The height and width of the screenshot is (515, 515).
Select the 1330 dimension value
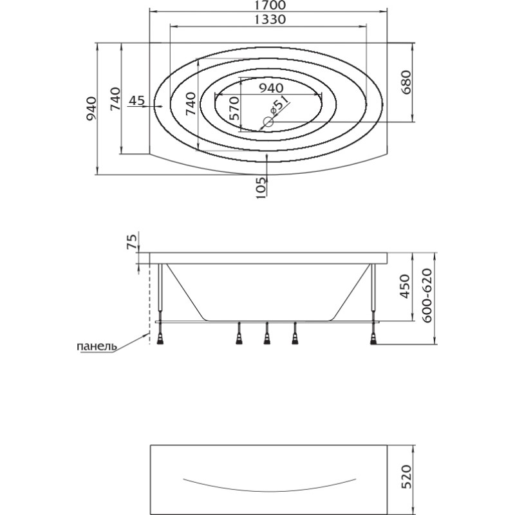(x=270, y=20)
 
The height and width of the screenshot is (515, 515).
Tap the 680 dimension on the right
(x=406, y=82)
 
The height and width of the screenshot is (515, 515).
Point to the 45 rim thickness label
(x=136, y=100)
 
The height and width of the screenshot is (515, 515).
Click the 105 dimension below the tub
(x=260, y=187)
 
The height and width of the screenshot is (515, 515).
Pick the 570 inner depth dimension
(x=234, y=108)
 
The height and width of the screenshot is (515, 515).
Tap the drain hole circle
(x=268, y=122)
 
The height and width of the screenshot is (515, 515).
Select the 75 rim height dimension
(x=132, y=241)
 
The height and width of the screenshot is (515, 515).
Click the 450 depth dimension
(x=406, y=286)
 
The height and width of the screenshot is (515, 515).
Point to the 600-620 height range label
(x=427, y=295)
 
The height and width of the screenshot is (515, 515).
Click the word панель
(x=97, y=346)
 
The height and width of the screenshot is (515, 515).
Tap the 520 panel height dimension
(x=406, y=477)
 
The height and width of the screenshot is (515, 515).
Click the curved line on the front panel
(x=269, y=491)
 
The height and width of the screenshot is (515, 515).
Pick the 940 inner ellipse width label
(x=271, y=88)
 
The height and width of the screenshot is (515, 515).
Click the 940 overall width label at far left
(x=91, y=109)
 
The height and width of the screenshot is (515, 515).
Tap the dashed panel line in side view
(x=150, y=304)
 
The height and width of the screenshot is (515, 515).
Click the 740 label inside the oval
(x=191, y=104)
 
